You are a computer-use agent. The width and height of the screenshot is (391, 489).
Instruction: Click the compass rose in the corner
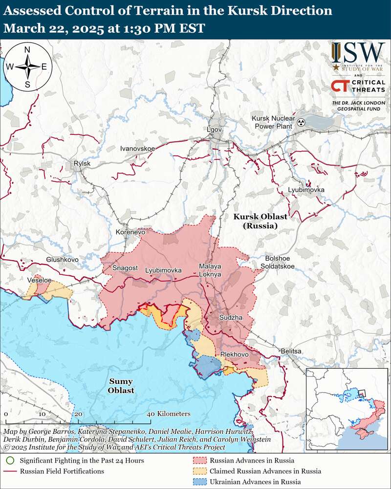[27, 67]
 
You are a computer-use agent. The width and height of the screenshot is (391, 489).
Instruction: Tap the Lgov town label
[215, 129]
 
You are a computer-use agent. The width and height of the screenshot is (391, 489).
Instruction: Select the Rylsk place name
[82, 164]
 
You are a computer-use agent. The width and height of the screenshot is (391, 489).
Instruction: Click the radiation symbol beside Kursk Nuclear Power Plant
[302, 122]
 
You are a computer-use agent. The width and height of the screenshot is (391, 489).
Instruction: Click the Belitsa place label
[291, 351]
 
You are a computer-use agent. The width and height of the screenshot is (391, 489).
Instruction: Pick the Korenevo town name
[130, 232]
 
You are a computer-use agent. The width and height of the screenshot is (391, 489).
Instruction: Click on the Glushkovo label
[63, 259]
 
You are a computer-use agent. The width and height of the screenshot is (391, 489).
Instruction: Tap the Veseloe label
[40, 280]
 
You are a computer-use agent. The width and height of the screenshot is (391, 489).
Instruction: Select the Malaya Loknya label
[210, 270]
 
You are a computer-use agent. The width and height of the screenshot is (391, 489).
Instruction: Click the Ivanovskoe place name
[137, 148]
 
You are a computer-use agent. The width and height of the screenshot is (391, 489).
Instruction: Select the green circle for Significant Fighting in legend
[10, 460]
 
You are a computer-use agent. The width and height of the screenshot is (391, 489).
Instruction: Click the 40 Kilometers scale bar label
[169, 414]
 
